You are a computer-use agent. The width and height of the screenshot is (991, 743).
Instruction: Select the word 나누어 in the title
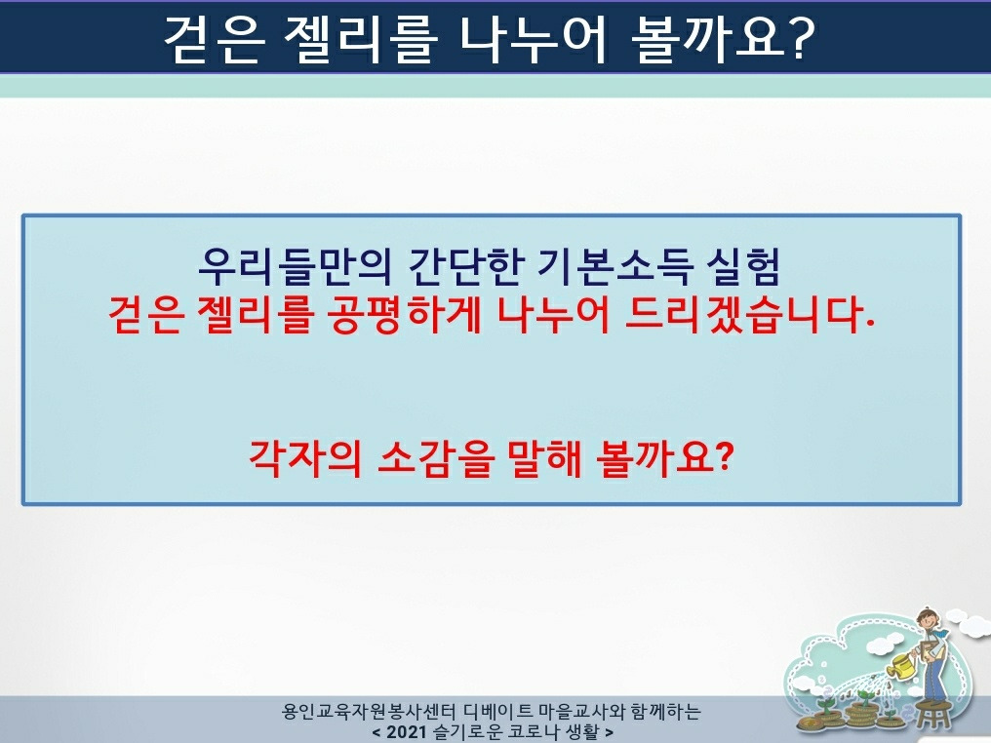point(534,39)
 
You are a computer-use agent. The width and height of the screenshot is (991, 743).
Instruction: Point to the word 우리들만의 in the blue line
point(295,266)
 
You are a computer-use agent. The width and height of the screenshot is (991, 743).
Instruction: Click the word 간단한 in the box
point(466,266)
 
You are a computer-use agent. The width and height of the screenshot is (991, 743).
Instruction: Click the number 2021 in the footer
point(407,732)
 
